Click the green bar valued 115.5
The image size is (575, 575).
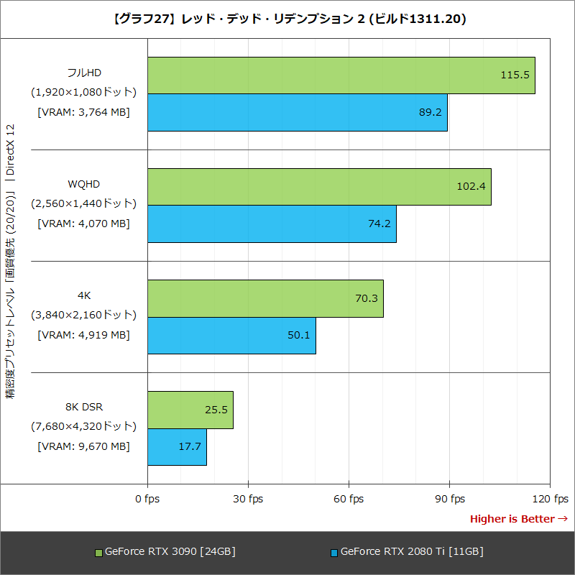coord(341,75)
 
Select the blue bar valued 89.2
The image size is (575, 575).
coord(298,112)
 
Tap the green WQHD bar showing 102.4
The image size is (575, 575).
coord(319,187)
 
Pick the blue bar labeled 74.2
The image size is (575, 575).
coord(272,224)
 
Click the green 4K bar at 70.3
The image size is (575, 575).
coord(265,298)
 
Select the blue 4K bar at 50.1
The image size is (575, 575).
coord(231,335)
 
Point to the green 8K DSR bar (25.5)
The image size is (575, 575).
coord(190,410)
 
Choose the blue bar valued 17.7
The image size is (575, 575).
coord(177,446)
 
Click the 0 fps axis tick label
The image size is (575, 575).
coord(147,499)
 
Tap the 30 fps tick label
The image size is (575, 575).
coord(248,499)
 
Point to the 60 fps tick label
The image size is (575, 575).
coord(349,499)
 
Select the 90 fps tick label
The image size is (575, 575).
coord(449,499)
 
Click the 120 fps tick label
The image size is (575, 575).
coord(550,499)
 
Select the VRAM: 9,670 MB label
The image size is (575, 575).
coord(83,446)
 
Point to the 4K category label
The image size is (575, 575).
coord(83,295)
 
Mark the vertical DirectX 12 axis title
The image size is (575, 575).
coord(11,262)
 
